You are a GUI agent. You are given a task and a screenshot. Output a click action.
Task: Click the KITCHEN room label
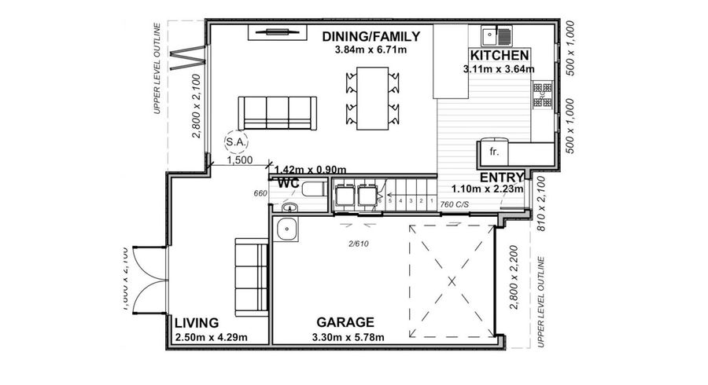point(499,56)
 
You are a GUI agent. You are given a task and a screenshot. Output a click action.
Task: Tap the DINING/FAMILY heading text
point(371,36)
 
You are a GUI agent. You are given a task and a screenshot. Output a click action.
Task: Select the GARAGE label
point(345,323)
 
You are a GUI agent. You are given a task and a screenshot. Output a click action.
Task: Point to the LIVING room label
point(196,323)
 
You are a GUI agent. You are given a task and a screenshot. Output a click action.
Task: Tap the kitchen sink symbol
point(497,35)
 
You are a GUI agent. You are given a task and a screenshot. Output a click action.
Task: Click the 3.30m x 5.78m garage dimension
point(346,338)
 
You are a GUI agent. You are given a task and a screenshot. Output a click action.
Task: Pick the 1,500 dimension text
point(240,160)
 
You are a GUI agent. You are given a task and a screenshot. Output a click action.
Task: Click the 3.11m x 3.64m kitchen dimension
point(499,69)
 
